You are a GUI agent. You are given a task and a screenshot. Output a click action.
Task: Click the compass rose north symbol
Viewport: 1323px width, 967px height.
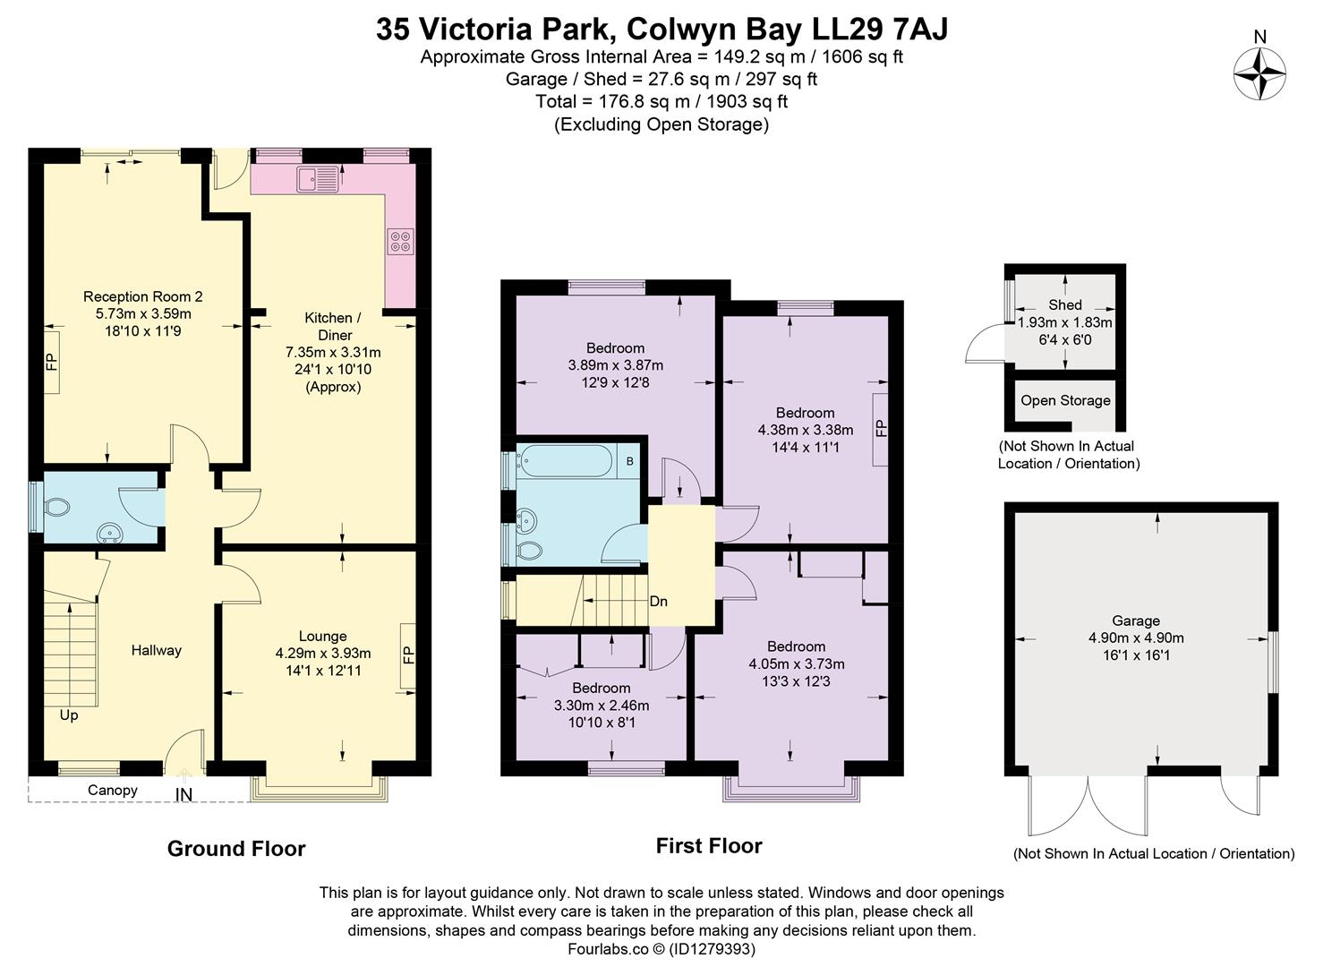point(1259,73)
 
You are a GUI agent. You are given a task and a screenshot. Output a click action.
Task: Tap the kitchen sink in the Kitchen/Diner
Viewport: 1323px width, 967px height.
point(320,179)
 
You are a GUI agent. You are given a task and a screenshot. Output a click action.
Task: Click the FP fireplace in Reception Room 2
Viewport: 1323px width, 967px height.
point(51,362)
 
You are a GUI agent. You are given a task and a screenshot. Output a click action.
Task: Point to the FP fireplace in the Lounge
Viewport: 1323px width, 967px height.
point(408,656)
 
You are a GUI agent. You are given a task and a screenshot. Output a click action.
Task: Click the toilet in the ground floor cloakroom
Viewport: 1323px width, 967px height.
point(57,509)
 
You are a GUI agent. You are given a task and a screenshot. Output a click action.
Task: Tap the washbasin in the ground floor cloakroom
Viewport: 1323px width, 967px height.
point(112,535)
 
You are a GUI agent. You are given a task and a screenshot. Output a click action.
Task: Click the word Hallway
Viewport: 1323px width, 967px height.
point(156,651)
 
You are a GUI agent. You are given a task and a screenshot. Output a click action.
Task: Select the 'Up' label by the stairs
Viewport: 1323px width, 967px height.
point(69,715)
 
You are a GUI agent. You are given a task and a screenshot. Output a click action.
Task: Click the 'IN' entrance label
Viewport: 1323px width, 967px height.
point(184,795)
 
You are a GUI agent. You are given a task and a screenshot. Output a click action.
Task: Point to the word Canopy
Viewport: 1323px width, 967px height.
point(113,790)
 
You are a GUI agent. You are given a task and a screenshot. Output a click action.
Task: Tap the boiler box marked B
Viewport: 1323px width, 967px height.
point(629,462)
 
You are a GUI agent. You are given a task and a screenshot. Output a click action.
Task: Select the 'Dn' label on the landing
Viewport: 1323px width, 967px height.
point(658,602)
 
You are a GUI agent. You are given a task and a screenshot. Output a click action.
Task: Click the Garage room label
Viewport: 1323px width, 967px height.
point(1136,620)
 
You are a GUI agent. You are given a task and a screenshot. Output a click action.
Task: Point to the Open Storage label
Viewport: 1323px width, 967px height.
point(1065,400)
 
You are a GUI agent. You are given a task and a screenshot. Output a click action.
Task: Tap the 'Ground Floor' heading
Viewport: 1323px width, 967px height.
point(236,849)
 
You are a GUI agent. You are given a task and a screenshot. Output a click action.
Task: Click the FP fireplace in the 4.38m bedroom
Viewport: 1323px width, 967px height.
point(881,429)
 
